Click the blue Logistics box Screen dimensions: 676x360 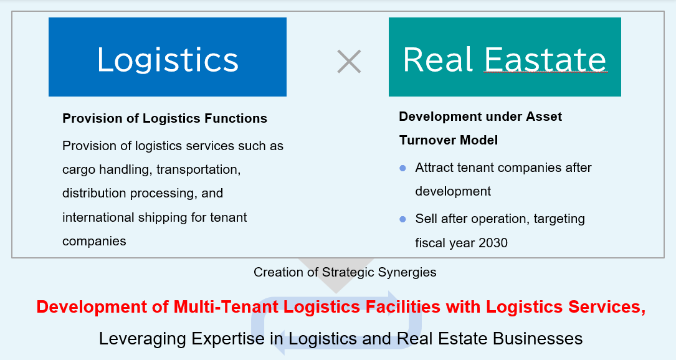click(167, 57)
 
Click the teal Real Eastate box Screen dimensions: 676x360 click(505, 57)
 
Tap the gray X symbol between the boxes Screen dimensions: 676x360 click(349, 61)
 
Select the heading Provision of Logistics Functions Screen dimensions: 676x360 click(164, 118)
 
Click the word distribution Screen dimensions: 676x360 click(95, 193)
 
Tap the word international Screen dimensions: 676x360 click(98, 217)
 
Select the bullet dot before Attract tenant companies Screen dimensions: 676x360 click(402, 168)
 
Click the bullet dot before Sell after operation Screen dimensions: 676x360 click(402, 219)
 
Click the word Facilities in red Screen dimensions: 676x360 click(403, 307)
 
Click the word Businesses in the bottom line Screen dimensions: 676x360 click(538, 339)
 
